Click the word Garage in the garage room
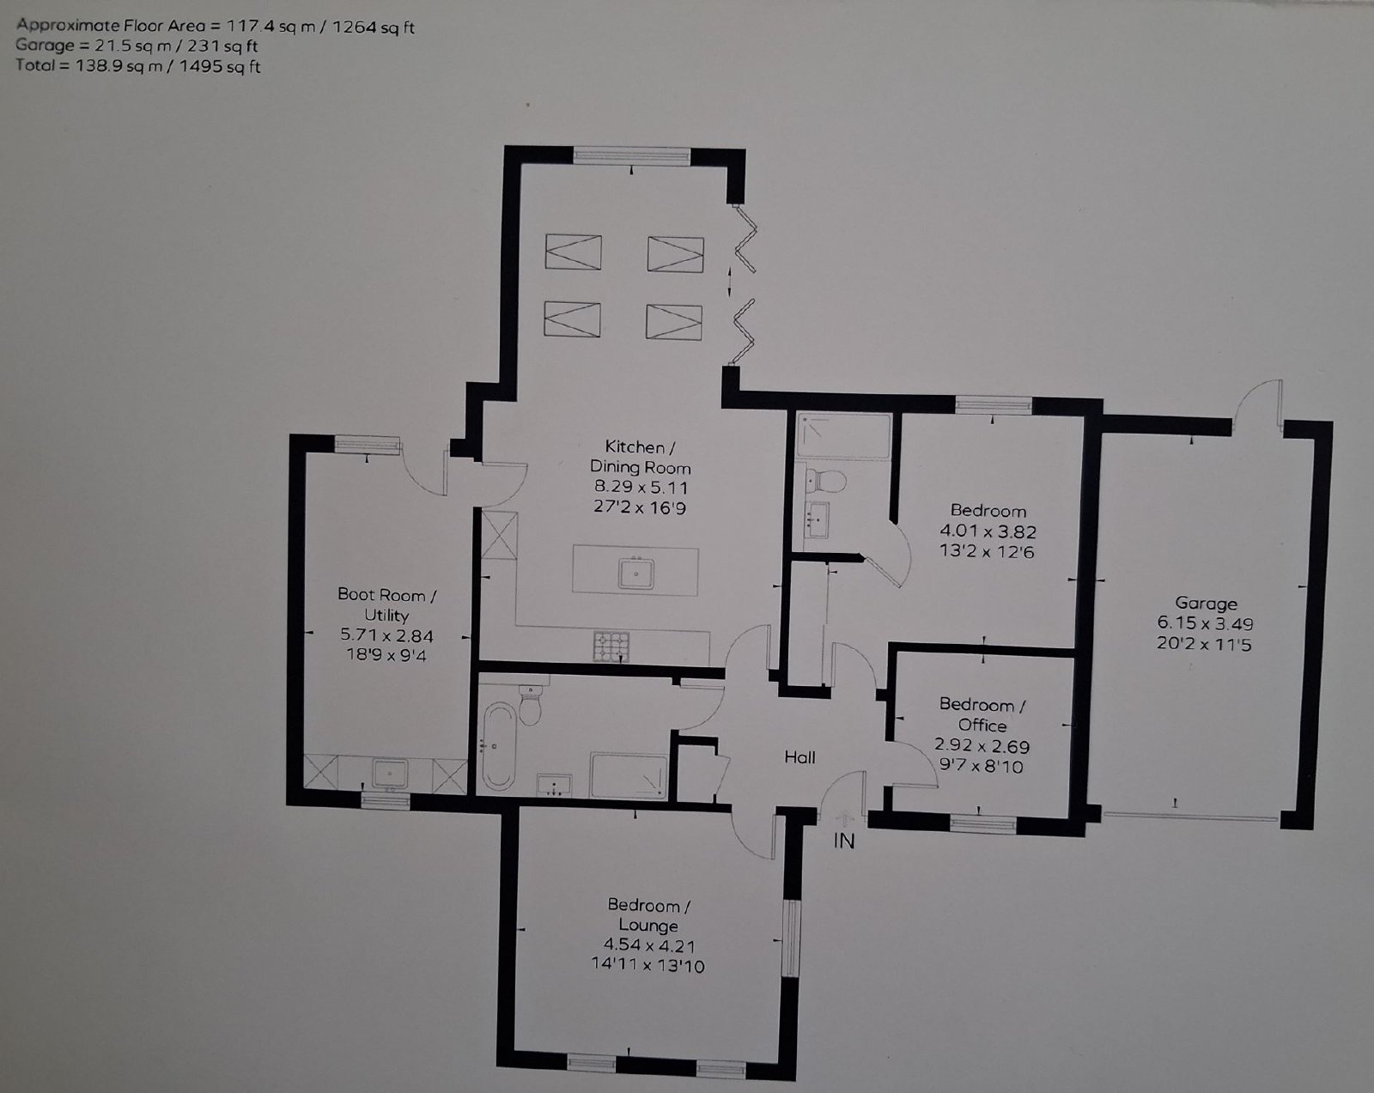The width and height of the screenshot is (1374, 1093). (x=1206, y=604)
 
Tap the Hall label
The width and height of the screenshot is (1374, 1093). (x=799, y=757)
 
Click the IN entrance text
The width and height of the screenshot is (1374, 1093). (x=843, y=841)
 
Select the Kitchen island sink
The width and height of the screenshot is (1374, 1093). (x=636, y=572)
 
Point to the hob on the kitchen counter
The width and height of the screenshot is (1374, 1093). (x=611, y=647)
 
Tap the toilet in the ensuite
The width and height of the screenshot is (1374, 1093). (x=824, y=481)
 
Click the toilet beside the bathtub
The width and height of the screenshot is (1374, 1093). (x=530, y=706)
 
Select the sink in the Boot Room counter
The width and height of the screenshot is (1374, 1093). (x=389, y=773)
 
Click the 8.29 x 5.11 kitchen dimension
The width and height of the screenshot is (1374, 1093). (x=641, y=487)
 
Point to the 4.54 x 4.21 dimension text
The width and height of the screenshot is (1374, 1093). (x=648, y=944)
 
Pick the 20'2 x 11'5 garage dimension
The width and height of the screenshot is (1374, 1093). (x=1203, y=644)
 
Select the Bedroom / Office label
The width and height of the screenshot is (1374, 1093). (x=982, y=715)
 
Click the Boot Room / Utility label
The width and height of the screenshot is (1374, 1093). (x=387, y=604)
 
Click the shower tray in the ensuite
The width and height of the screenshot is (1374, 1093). (x=843, y=435)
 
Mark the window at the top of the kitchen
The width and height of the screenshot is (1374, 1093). (x=631, y=156)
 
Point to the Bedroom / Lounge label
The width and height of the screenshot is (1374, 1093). (x=648, y=915)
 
